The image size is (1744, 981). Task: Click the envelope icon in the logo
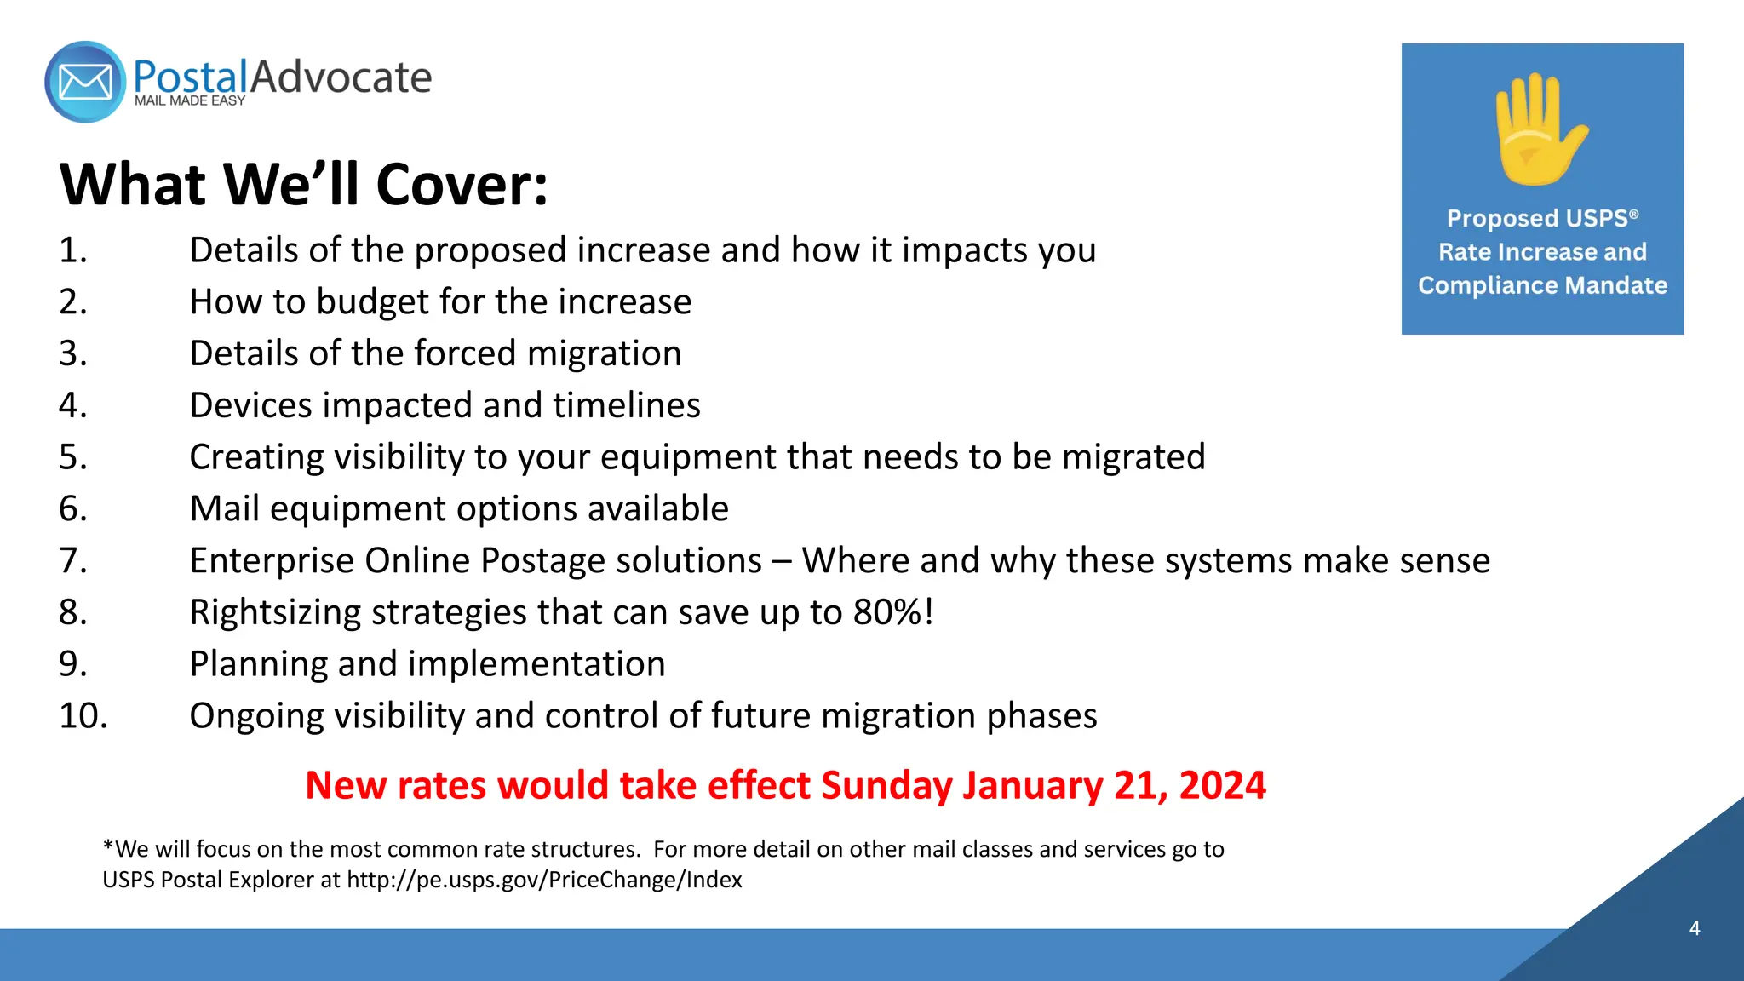85,83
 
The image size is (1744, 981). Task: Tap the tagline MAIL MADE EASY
189,101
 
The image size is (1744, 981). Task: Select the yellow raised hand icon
1540,129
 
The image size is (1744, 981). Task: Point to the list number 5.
72,457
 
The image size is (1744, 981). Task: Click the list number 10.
83,716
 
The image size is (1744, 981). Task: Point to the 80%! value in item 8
893,612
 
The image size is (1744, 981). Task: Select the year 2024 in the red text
1222,785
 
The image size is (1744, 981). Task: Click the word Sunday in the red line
886,785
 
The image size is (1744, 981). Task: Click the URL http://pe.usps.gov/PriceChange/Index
544,880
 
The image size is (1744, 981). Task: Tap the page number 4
1694,928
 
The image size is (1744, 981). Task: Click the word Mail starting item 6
224,509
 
